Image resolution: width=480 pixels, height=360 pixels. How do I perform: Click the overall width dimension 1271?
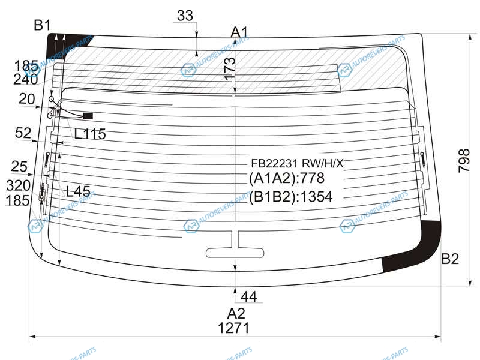click(233, 328)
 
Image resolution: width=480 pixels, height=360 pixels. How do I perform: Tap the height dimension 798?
click(464, 161)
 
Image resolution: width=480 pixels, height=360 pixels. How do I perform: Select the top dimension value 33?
click(185, 16)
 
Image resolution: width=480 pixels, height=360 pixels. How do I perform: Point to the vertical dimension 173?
click(230, 69)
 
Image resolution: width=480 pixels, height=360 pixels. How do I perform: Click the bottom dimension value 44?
click(249, 296)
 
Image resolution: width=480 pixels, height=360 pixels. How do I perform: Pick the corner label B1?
click(42, 25)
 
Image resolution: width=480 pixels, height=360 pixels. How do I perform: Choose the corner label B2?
click(450, 259)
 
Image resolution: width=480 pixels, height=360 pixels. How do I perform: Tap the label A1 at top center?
click(239, 32)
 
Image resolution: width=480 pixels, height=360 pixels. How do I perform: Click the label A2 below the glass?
click(236, 314)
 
